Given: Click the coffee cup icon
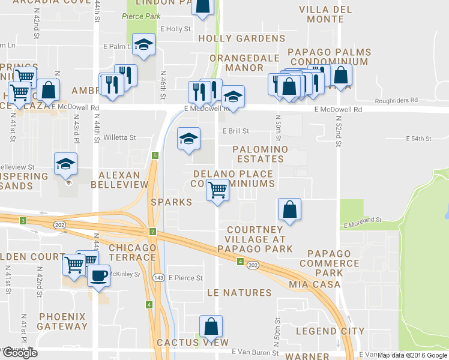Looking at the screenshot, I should (x=99, y=275).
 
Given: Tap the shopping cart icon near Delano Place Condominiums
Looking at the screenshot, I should (x=217, y=190).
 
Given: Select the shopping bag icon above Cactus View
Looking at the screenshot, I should (x=211, y=327).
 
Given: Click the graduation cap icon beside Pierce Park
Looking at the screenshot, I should (x=143, y=44).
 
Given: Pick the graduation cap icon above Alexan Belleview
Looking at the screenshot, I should (x=65, y=163).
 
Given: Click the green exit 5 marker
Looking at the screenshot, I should (x=155, y=156).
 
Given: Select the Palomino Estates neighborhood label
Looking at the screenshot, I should (x=261, y=154).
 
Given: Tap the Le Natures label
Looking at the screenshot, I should (x=239, y=293).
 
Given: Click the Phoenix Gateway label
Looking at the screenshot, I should (x=62, y=321).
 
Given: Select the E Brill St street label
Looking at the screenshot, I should (x=235, y=131).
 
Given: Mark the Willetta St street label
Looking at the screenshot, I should (x=119, y=137).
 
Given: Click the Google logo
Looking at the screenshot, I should (x=19, y=353).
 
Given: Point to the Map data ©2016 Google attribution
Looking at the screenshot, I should (x=413, y=355).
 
